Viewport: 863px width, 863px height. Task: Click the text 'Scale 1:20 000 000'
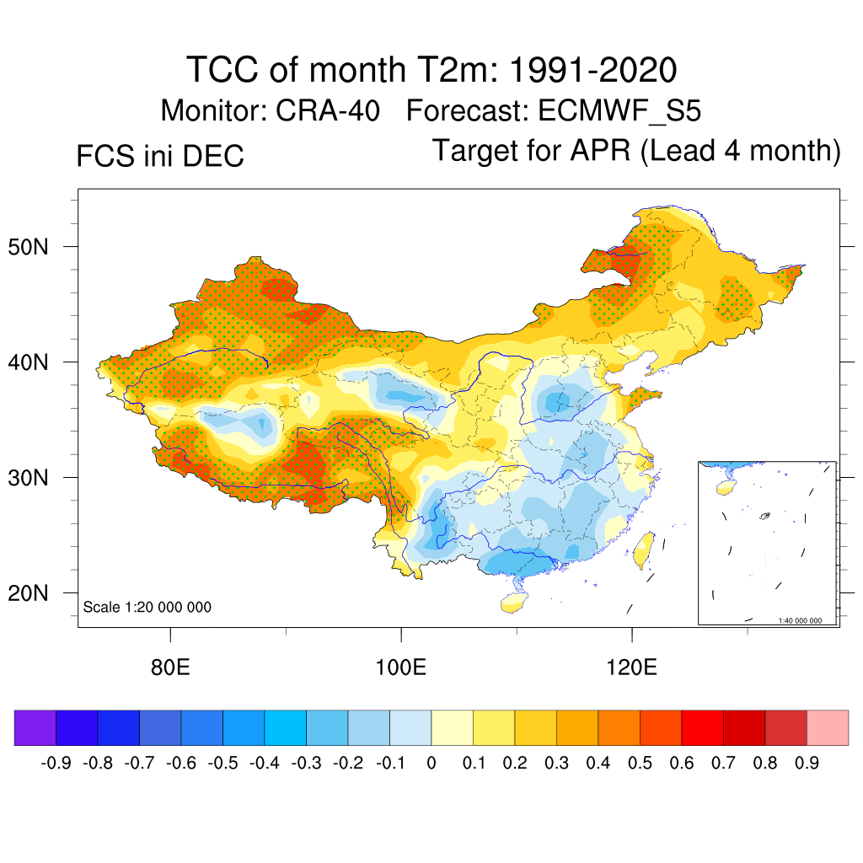pos(147,608)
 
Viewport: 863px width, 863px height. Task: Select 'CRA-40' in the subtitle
pos(330,110)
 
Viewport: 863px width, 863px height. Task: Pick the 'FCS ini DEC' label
pos(160,156)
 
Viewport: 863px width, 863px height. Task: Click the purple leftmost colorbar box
pos(35,728)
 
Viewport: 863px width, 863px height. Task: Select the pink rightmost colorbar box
pos(828,728)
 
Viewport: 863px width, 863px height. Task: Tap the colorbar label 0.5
pos(640,764)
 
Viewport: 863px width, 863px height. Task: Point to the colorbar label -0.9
pos(56,764)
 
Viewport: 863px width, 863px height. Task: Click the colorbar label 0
pos(431,764)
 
